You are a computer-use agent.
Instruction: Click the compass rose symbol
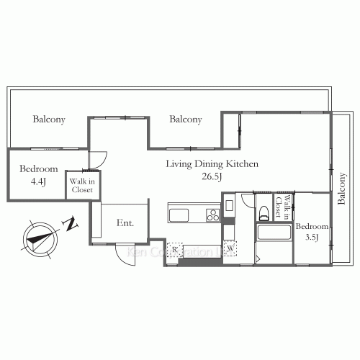coord(38,237)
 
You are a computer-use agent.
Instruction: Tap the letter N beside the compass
coord(70,225)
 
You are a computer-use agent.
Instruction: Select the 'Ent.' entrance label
coord(125,223)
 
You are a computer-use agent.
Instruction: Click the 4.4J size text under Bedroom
coord(34,181)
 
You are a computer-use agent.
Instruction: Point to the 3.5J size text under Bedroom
coord(312,238)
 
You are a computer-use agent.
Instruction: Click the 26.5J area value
coord(212,176)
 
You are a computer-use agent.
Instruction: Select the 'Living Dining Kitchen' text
coord(212,164)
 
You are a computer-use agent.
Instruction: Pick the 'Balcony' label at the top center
coord(185,120)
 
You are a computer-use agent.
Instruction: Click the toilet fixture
coord(264,210)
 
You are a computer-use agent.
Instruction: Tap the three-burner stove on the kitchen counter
coord(212,214)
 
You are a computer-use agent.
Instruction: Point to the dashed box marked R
coord(174,249)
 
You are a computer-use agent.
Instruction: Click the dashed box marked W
coord(230,249)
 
